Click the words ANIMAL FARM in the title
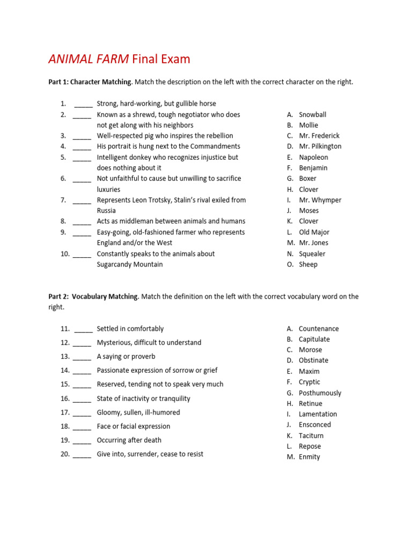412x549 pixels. (x=89, y=59)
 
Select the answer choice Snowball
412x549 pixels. (x=312, y=114)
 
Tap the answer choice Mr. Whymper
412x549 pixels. (x=320, y=200)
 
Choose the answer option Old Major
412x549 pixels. (x=314, y=232)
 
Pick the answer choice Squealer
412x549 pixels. (x=312, y=254)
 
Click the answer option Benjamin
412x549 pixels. (x=313, y=168)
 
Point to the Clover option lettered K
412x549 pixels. (x=308, y=221)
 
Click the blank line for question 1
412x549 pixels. (x=83, y=104)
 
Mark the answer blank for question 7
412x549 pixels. (x=82, y=201)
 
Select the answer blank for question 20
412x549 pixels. (x=82, y=455)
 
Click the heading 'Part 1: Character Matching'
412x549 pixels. (x=90, y=82)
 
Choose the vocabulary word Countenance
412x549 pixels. (x=319, y=329)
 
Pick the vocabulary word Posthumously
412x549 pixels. (x=320, y=393)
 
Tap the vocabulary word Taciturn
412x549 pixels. (x=311, y=436)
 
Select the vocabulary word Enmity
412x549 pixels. (x=309, y=457)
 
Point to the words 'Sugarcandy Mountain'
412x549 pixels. (x=129, y=264)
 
